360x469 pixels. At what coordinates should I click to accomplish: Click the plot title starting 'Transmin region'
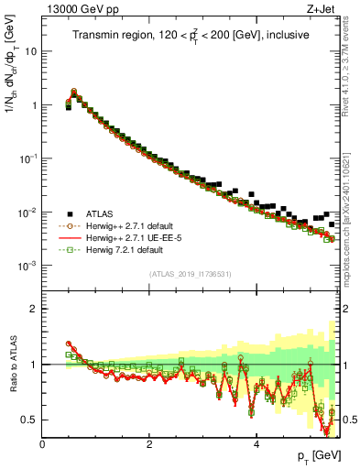pos(191,35)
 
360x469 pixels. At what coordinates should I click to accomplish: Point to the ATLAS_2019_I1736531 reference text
pos(191,274)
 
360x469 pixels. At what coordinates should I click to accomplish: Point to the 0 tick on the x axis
pos(42,444)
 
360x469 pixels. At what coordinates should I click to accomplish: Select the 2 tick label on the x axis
pos(149,444)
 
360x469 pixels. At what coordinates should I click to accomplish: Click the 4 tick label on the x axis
pos(256,444)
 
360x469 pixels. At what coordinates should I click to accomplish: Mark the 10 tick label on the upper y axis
pos(30,51)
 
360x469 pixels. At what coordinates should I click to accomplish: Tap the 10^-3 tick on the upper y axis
pos(27,266)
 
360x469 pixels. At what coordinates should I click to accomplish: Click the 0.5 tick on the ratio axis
pos(29,420)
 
